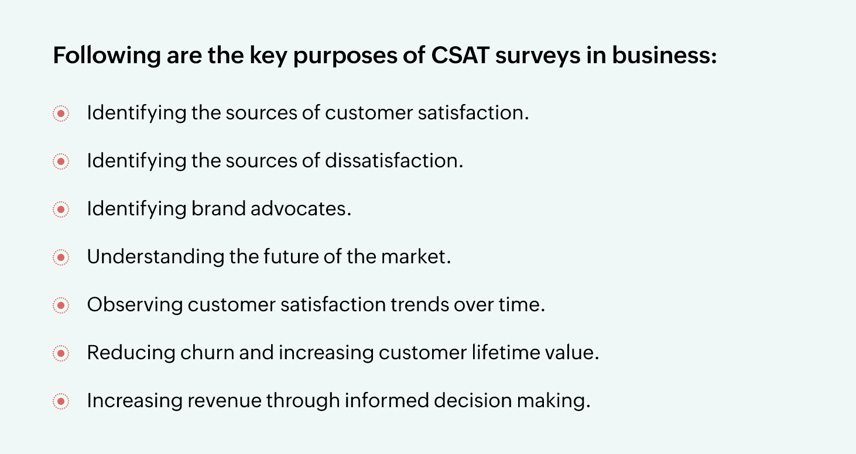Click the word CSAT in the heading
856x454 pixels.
point(460,55)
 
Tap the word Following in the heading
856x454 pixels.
point(107,56)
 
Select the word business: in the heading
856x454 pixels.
point(664,55)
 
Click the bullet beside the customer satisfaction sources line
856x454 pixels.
point(61,113)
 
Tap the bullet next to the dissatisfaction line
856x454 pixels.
point(61,161)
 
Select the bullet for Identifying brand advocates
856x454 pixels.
point(61,209)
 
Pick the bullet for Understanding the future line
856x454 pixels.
point(61,257)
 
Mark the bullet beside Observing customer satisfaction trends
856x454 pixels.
point(61,305)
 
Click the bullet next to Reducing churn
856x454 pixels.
point(61,353)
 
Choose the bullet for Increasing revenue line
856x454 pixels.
point(61,401)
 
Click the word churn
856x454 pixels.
point(207,352)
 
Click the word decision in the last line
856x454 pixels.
point(472,400)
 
